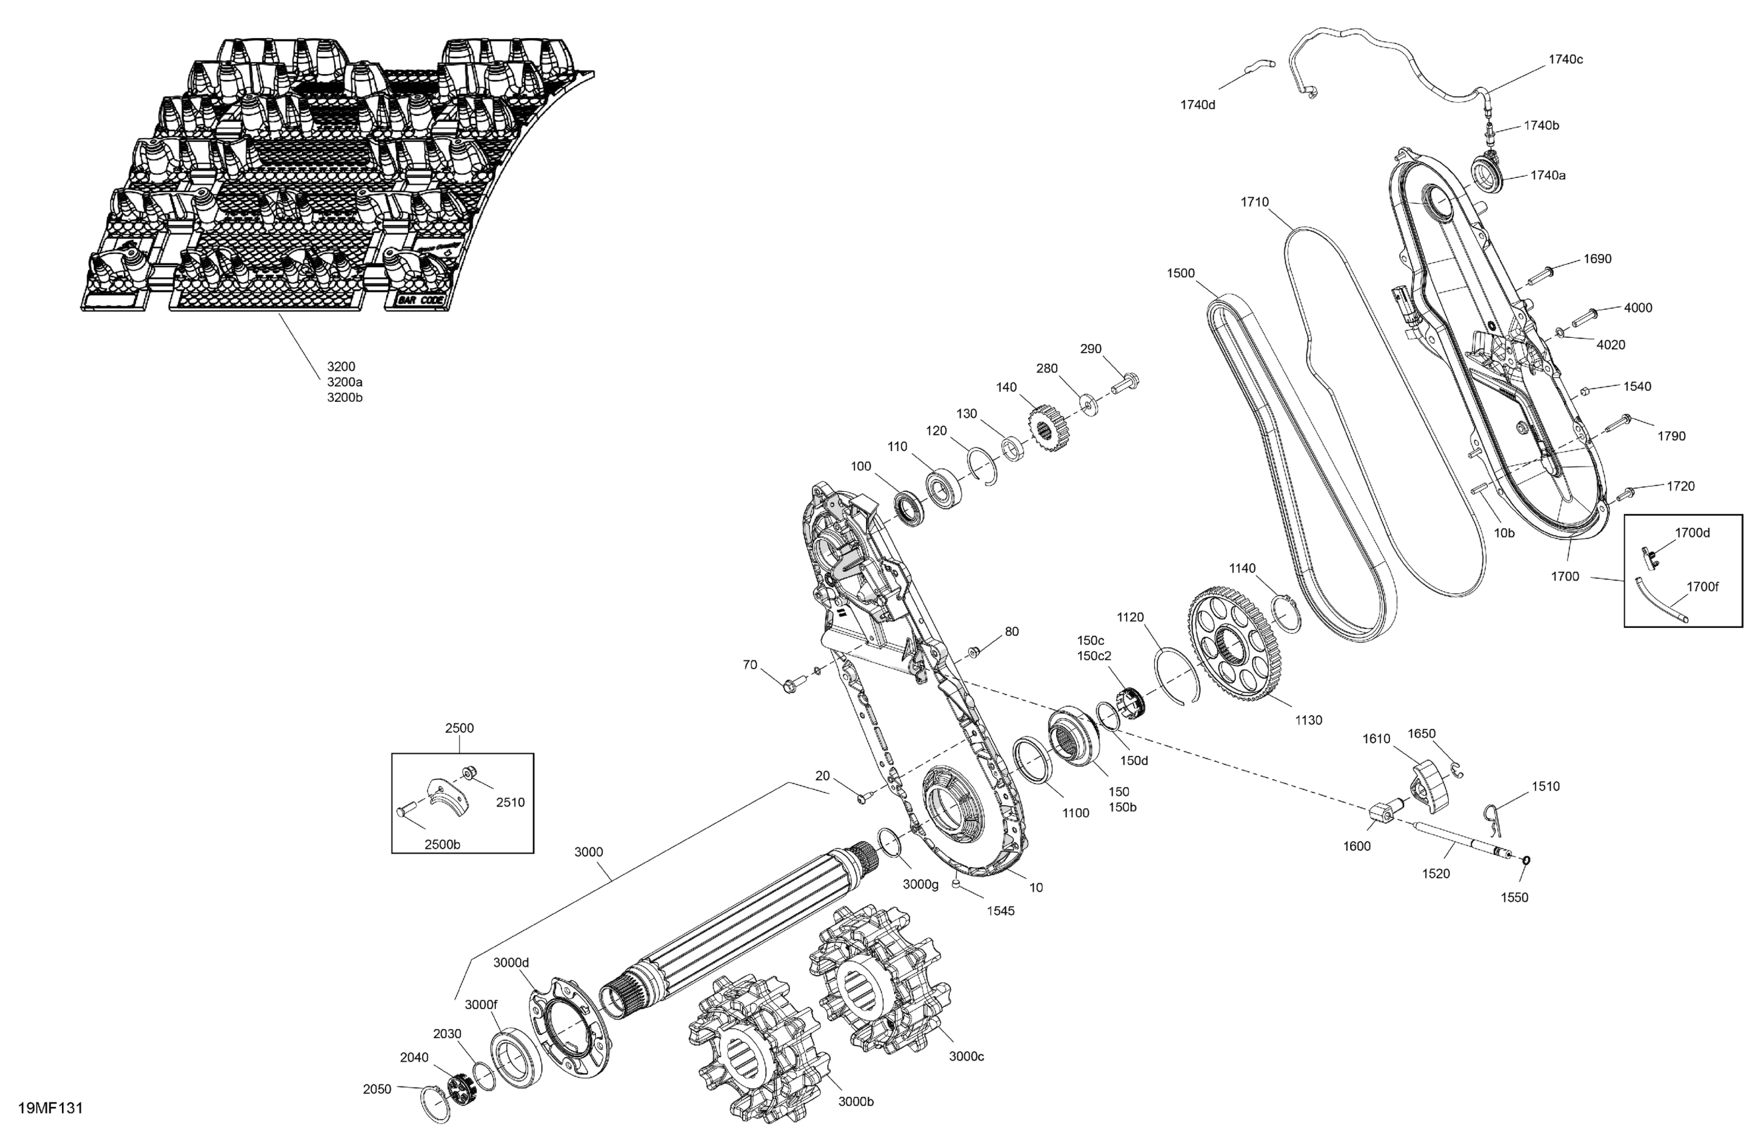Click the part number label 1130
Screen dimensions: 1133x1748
click(1308, 720)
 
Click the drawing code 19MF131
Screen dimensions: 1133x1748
click(50, 1108)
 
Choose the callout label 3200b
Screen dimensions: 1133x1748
click(345, 398)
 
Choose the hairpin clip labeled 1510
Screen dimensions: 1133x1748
click(1491, 817)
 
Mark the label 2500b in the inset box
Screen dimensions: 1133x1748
click(442, 844)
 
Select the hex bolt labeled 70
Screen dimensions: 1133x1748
click(791, 686)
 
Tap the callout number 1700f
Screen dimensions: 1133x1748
click(1703, 586)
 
